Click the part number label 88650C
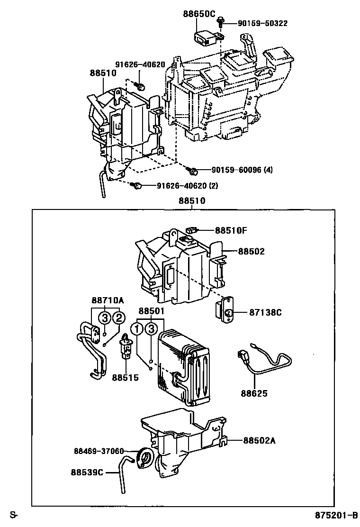click(x=199, y=14)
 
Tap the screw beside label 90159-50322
click(x=221, y=21)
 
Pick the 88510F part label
click(x=231, y=231)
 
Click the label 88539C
click(x=87, y=472)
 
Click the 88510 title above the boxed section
click(x=192, y=200)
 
